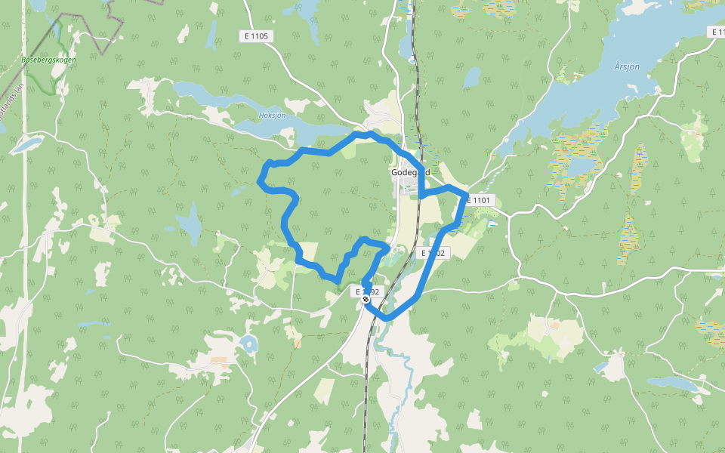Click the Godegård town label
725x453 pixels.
pyautogui.click(x=410, y=172)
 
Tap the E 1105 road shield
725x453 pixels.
pyautogui.click(x=257, y=35)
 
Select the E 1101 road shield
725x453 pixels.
pyautogui.click(x=479, y=200)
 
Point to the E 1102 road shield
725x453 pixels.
pyautogui.click(x=433, y=253)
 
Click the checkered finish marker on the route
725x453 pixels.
pyautogui.click(x=366, y=299)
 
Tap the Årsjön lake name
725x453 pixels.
pyautogui.click(x=627, y=66)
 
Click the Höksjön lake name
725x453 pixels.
pyautogui.click(x=272, y=116)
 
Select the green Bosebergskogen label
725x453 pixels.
pyautogui.click(x=49, y=60)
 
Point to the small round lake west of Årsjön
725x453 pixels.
pyautogui.click(x=472, y=77)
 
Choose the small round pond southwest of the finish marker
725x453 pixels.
pyautogui.click(x=248, y=344)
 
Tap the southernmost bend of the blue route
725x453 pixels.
pyautogui.click(x=387, y=318)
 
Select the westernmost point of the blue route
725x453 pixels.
pyautogui.click(x=260, y=181)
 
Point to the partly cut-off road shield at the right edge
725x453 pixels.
pyautogui.click(x=717, y=32)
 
